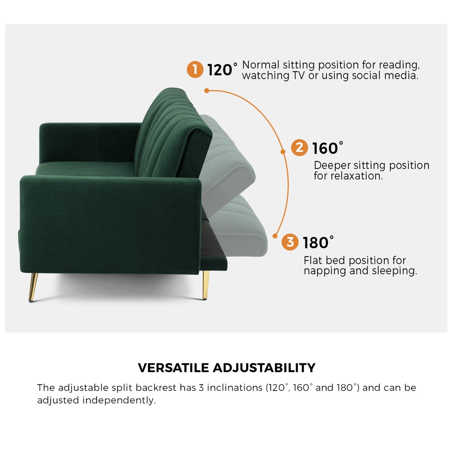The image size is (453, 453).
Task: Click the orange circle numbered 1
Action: [x=195, y=69]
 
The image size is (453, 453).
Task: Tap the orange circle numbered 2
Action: [x=299, y=148]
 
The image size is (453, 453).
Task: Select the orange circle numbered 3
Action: [x=290, y=242]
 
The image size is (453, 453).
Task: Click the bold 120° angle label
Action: [x=222, y=70]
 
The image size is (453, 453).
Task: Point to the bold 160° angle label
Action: [x=327, y=148]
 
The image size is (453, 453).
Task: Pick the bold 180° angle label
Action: [x=318, y=243]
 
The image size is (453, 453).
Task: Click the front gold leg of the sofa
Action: [x=33, y=287]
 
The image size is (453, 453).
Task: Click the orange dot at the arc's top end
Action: [x=207, y=91]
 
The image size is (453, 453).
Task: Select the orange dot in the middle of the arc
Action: [x=283, y=152]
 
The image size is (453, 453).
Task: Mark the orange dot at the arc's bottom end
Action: [x=275, y=236]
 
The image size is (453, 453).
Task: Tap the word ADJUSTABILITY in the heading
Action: [x=264, y=368]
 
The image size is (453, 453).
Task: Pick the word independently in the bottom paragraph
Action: [x=119, y=400]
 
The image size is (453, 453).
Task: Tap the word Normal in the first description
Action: [x=261, y=65]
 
